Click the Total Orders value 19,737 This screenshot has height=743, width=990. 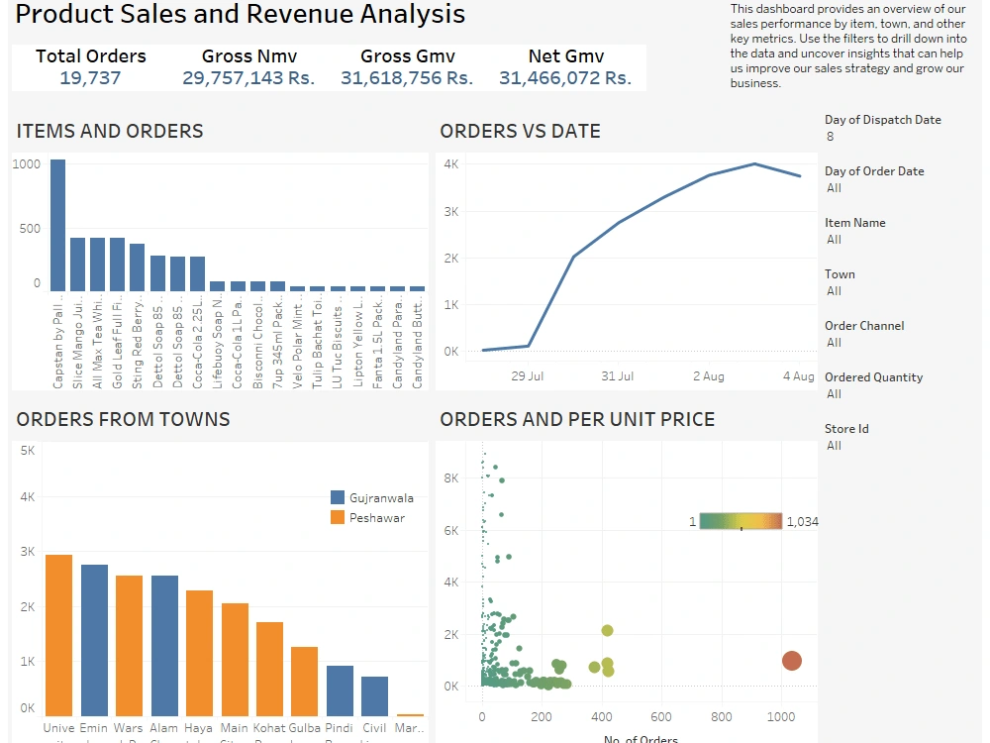90,77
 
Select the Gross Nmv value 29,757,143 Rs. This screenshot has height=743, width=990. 248,77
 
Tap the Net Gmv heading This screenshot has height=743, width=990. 565,56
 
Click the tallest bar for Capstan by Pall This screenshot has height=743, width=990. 57,225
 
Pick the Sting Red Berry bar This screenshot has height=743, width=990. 138,266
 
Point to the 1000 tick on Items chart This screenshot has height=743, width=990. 27,164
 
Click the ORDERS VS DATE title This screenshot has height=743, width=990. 520,131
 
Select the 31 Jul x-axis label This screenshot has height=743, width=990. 618,375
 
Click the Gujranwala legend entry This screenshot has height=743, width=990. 381,497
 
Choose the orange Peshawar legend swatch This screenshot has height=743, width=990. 337,517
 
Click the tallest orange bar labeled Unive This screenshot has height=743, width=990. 58,635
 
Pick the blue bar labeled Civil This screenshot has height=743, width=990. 374,696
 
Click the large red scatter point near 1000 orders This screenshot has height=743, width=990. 791,661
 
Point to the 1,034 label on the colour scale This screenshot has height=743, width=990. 802,522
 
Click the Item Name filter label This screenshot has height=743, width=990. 854,223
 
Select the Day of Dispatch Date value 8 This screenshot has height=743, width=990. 830,137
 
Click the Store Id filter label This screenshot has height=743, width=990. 846,429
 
